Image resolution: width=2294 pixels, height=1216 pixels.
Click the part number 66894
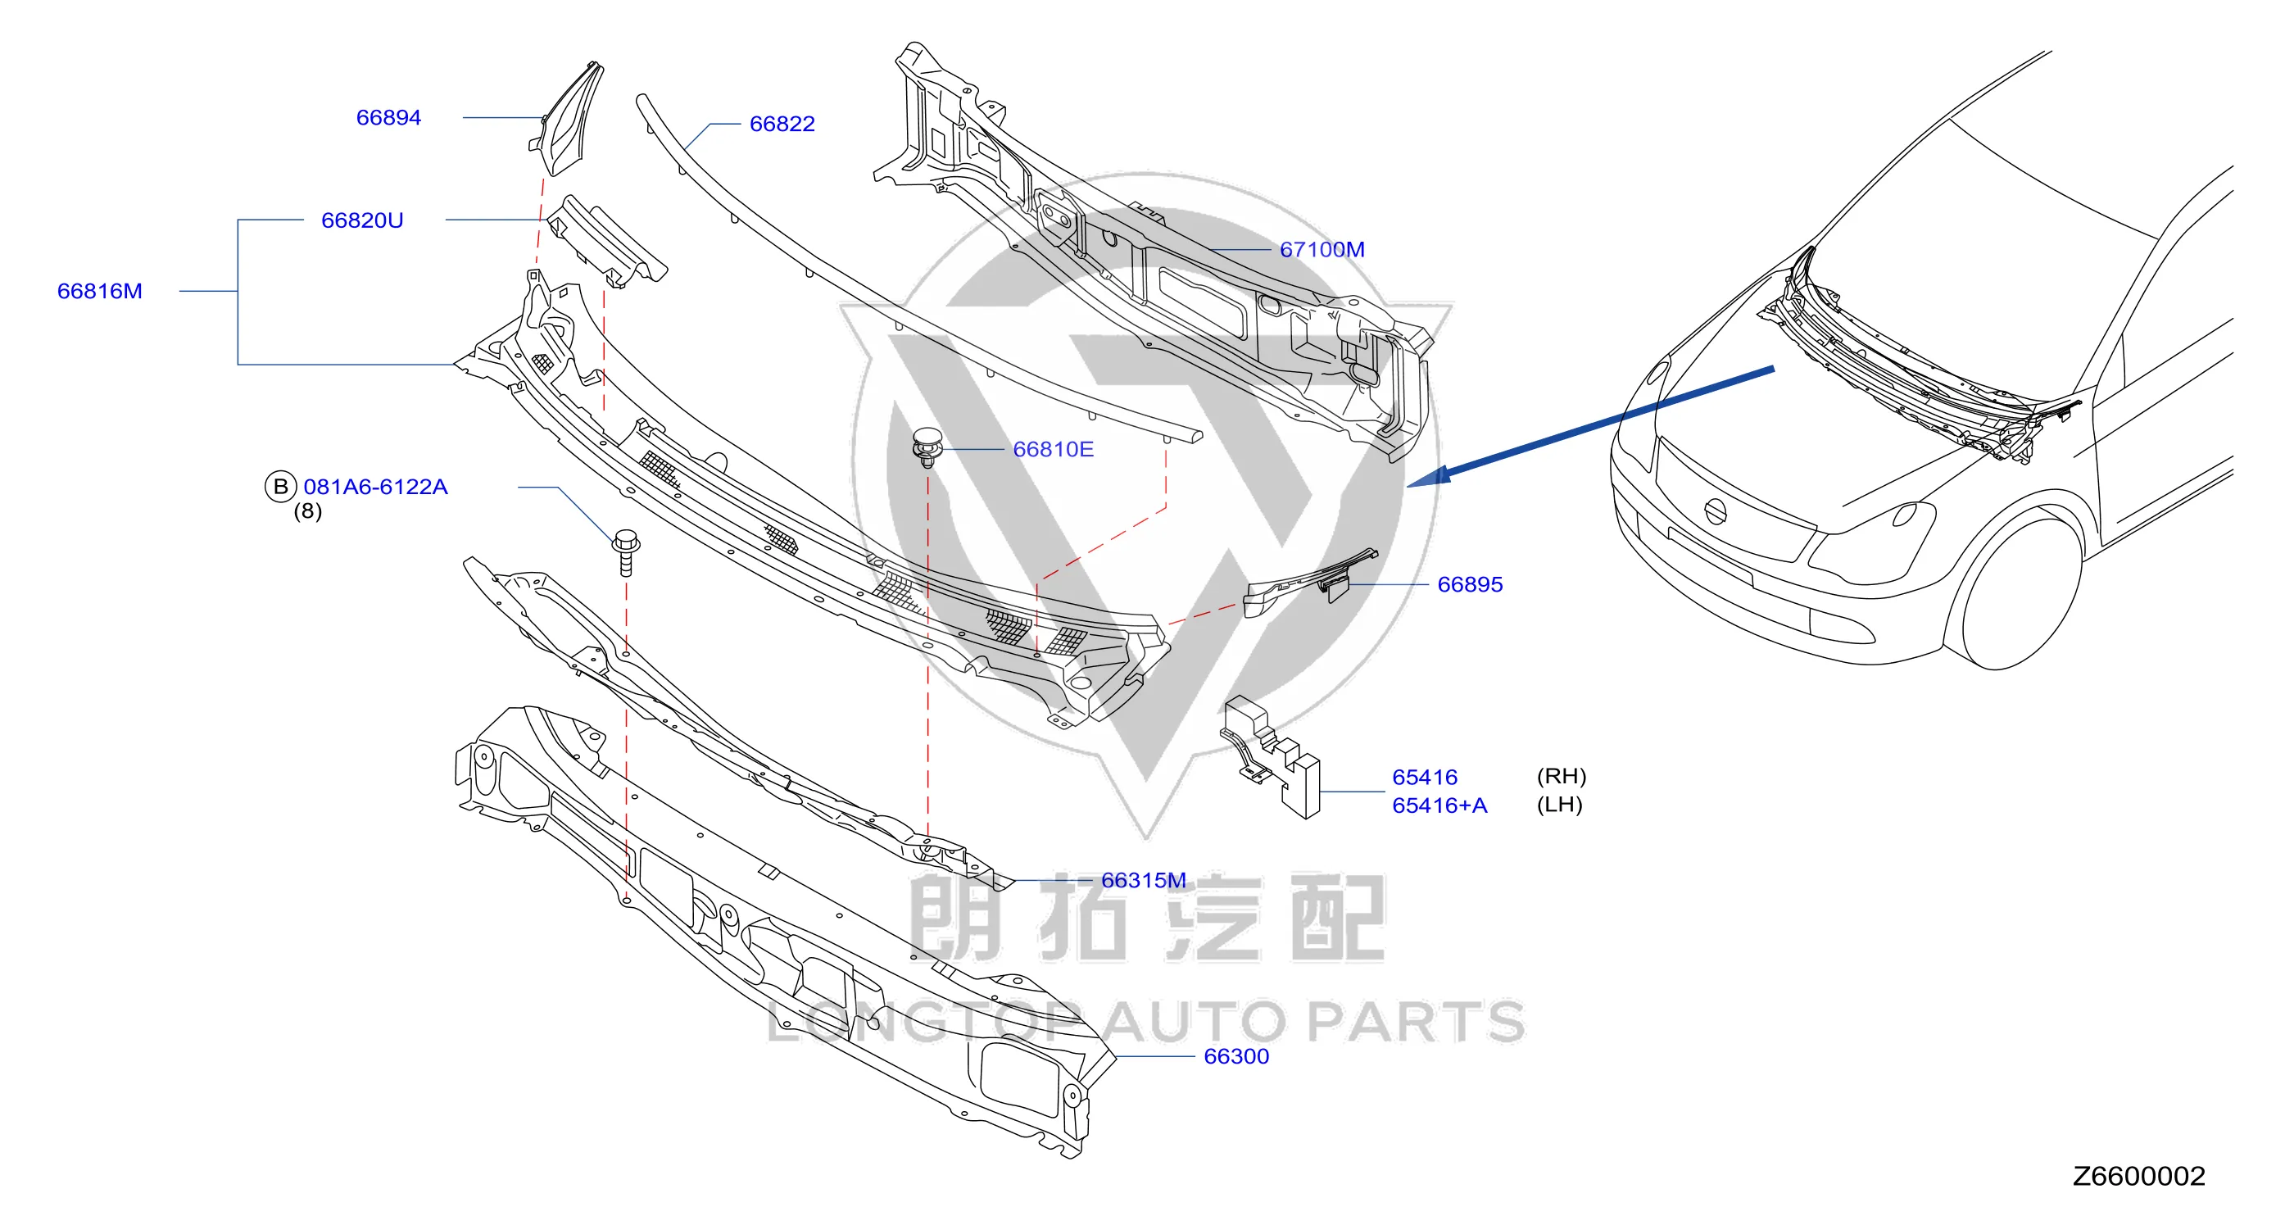click(388, 118)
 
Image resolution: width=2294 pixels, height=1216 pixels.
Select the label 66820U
click(361, 220)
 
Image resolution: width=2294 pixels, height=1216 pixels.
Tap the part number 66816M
click(100, 292)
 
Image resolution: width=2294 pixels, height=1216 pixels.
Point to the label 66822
click(782, 124)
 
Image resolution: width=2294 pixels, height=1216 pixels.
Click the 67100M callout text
click(1322, 249)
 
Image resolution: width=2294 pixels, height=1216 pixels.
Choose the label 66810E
click(1053, 449)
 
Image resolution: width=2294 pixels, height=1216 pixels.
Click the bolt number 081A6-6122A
click(375, 487)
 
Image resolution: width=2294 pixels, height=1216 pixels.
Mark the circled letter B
click(280, 487)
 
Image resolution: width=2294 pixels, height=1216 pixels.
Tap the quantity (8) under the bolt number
click(307, 511)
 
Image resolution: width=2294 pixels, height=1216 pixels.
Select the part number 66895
click(1469, 584)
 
